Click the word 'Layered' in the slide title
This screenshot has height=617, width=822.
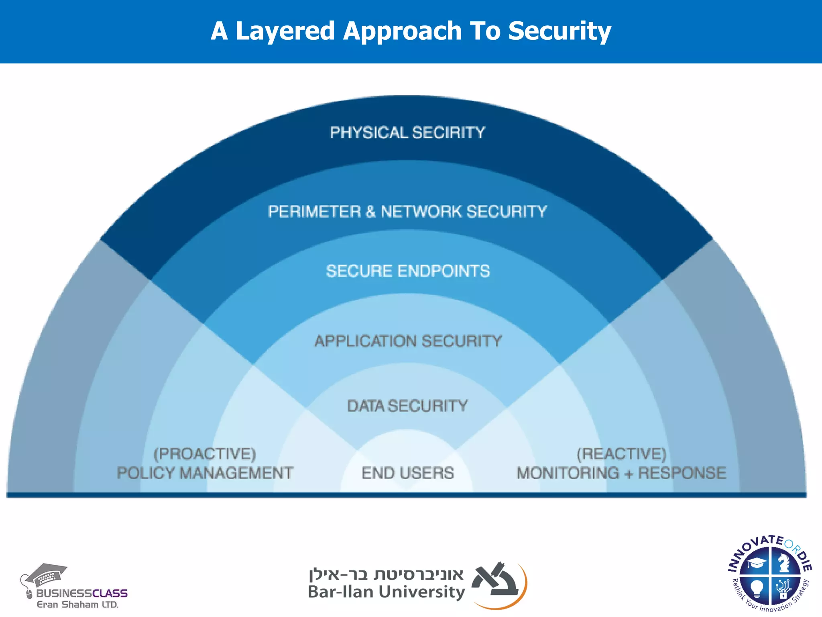click(285, 31)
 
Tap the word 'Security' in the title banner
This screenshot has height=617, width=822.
click(560, 31)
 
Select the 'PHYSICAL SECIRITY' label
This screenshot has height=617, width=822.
click(407, 133)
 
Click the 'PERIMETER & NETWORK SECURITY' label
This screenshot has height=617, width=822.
click(407, 212)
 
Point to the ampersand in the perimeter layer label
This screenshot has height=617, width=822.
click(370, 212)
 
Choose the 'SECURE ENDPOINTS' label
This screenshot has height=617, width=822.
click(408, 271)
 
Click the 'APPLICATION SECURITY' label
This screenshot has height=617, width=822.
click(408, 341)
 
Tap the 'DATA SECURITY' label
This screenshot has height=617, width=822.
click(407, 406)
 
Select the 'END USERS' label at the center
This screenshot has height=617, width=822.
click(408, 473)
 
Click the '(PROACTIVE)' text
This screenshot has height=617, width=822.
click(205, 454)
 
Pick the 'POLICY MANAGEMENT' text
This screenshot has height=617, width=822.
click(205, 473)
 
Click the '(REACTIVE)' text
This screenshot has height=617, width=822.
click(621, 454)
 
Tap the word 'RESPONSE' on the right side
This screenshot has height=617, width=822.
click(682, 473)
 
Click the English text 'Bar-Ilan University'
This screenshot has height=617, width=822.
click(386, 592)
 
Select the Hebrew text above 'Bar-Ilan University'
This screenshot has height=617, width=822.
click(386, 574)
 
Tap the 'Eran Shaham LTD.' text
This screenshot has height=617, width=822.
click(77, 605)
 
